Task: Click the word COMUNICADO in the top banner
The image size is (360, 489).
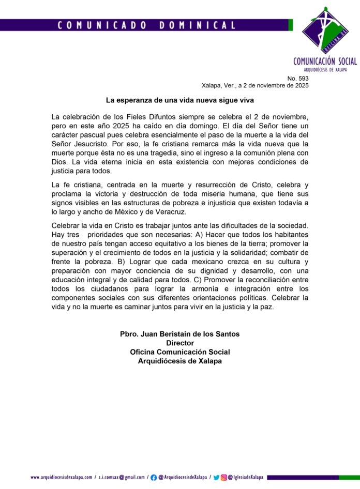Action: click(x=100, y=25)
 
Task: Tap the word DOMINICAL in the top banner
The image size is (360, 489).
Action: click(x=198, y=25)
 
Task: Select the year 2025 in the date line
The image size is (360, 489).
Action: click(x=298, y=86)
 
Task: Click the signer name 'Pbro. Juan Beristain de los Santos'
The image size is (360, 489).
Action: click(x=180, y=334)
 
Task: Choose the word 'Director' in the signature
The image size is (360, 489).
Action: click(x=180, y=343)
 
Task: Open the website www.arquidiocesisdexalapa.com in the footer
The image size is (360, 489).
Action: click(x=61, y=477)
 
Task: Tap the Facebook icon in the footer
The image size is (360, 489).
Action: click(x=154, y=477)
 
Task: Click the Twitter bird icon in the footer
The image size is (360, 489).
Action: click(x=216, y=477)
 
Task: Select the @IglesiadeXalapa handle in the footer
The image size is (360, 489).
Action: click(x=246, y=477)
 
